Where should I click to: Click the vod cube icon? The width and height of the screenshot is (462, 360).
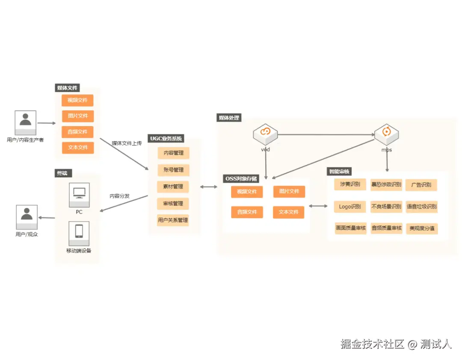click(265, 133)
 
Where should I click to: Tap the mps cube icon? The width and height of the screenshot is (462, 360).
click(386, 133)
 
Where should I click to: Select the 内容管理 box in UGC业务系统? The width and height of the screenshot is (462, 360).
click(173, 153)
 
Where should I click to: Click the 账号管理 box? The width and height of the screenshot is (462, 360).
click(173, 170)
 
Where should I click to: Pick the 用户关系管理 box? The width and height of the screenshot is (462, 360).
click(173, 220)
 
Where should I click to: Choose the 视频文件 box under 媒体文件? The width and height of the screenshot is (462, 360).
click(77, 101)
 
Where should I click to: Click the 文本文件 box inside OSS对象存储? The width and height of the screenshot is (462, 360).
click(289, 212)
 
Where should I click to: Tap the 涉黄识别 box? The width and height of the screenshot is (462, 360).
click(350, 185)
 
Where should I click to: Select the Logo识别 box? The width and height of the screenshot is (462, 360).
click(350, 207)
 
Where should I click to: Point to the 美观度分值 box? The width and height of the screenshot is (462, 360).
click(422, 229)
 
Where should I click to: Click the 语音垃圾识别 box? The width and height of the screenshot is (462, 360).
click(422, 207)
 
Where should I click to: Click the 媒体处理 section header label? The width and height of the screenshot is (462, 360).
click(229, 118)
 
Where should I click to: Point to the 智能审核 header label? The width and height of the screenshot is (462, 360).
click(339, 172)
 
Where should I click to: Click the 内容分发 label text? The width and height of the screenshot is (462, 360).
click(119, 196)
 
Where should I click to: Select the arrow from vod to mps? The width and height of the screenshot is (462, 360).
click(326, 134)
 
